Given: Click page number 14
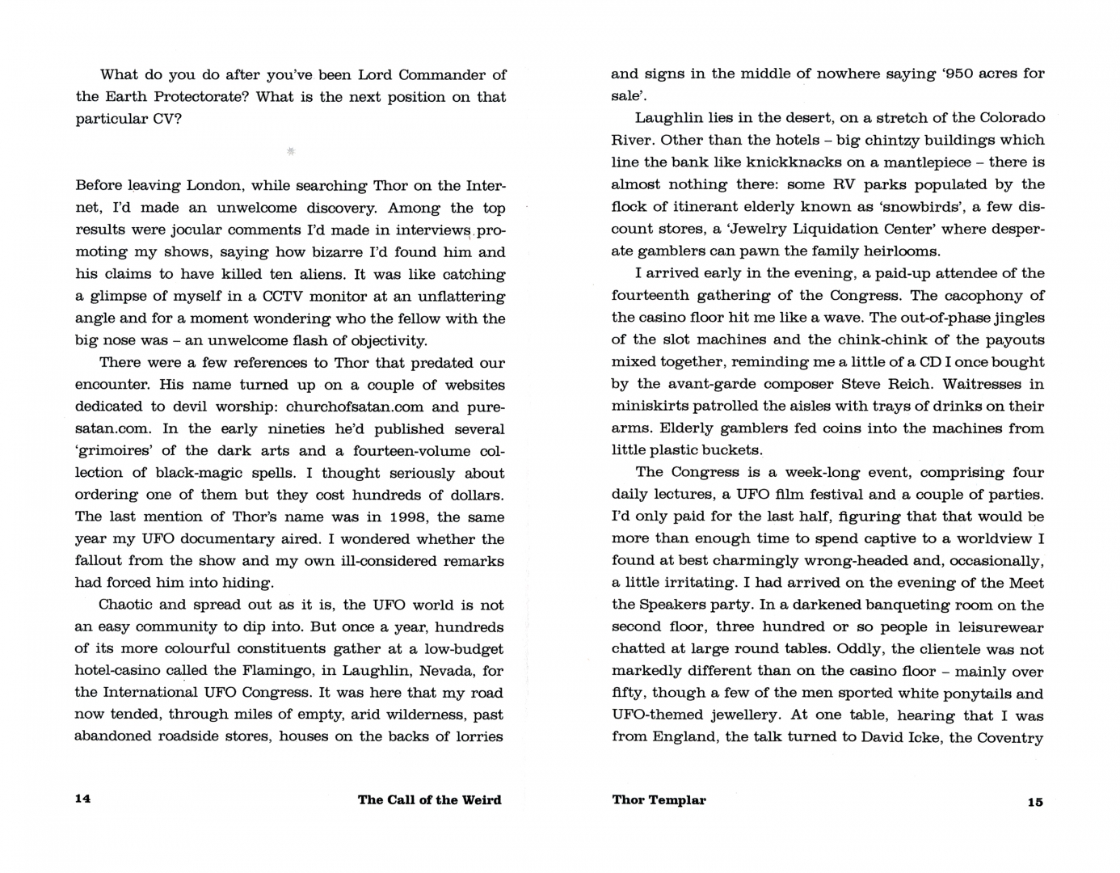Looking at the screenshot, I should (82, 799).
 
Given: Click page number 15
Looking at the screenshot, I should (1035, 802).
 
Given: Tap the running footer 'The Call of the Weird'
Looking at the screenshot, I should (429, 800).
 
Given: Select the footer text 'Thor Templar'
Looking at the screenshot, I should (659, 800).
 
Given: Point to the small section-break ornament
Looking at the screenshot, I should (291, 150).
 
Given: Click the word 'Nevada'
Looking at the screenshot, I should (448, 671).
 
